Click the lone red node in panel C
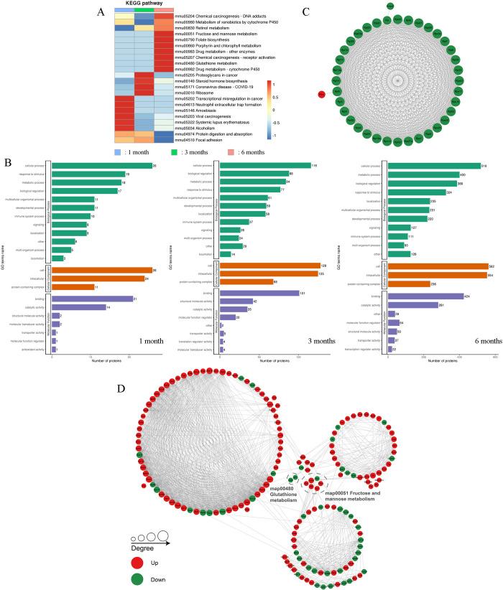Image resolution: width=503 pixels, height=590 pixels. point(322,94)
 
